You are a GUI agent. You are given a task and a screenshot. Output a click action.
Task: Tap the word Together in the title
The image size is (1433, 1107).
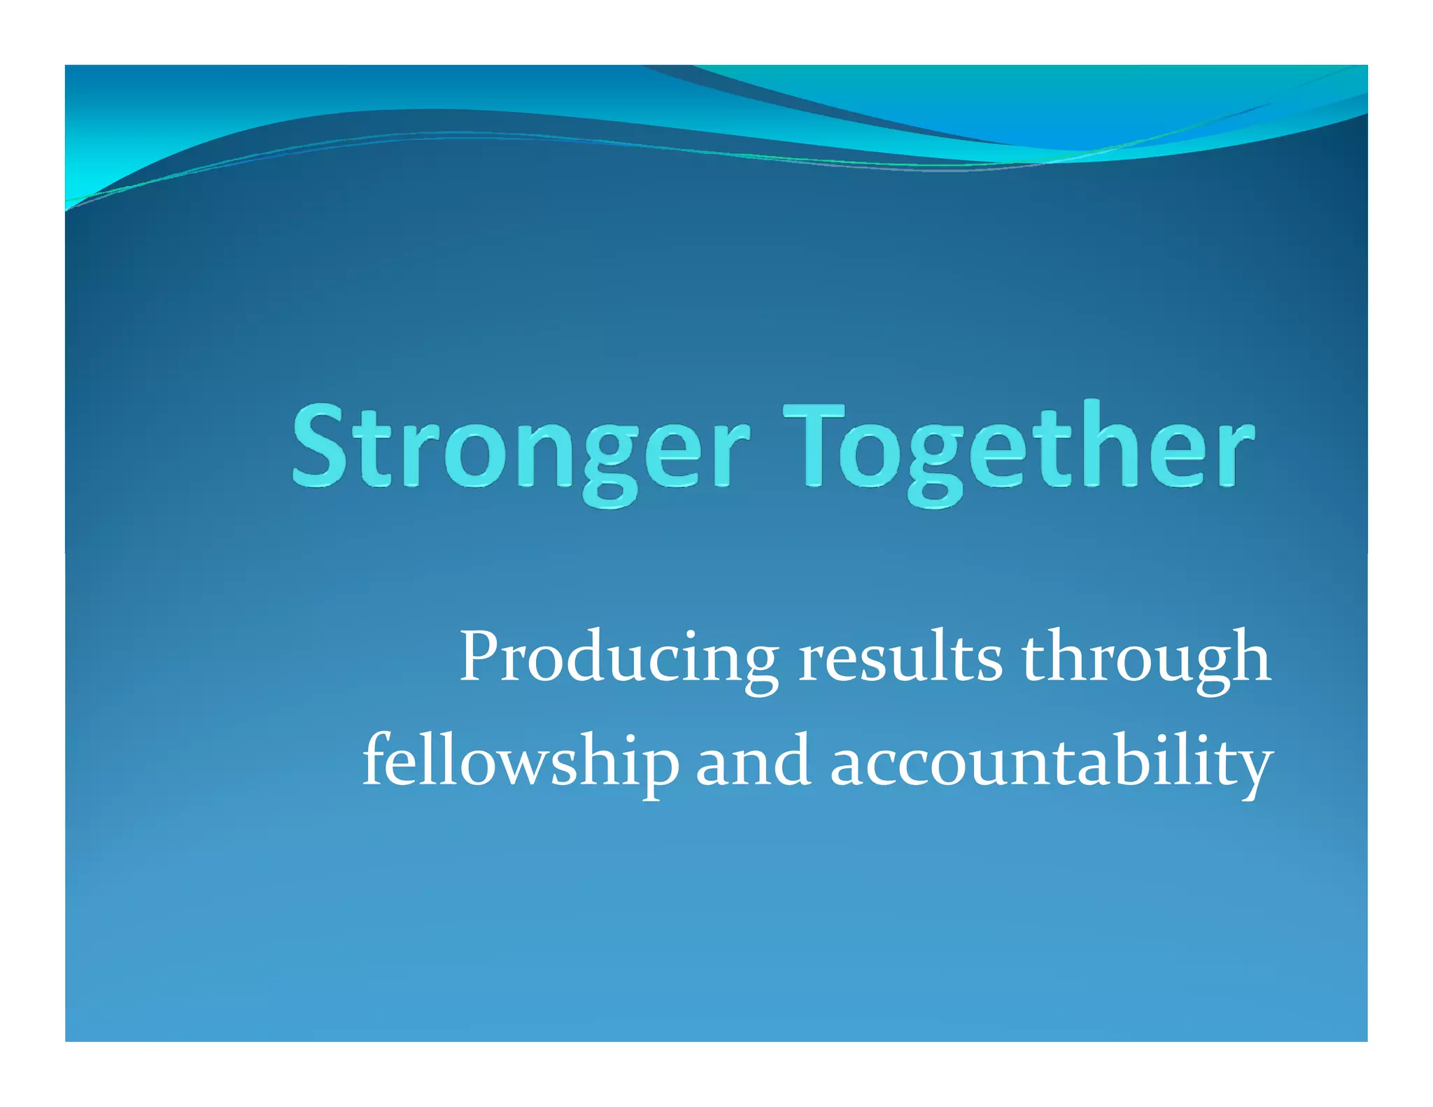pyautogui.click(x=1019, y=448)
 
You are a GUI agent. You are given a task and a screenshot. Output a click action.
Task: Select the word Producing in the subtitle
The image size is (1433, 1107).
pyautogui.click(x=619, y=658)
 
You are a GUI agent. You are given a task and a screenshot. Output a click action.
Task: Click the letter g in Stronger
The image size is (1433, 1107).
pyautogui.click(x=612, y=462)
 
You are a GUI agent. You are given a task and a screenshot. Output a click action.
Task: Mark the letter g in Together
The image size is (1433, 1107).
pyautogui.click(x=933, y=462)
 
